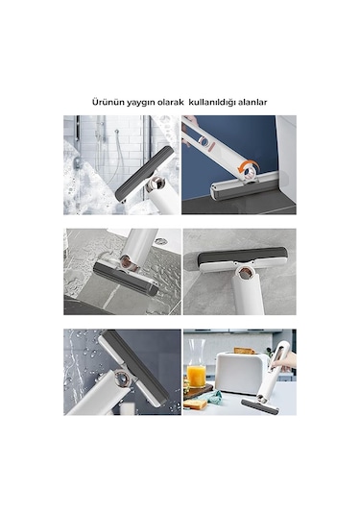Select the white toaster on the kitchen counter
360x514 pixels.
click(236, 375)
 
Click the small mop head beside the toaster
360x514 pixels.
click(260, 407)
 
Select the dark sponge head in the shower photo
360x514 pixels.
click(144, 173)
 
